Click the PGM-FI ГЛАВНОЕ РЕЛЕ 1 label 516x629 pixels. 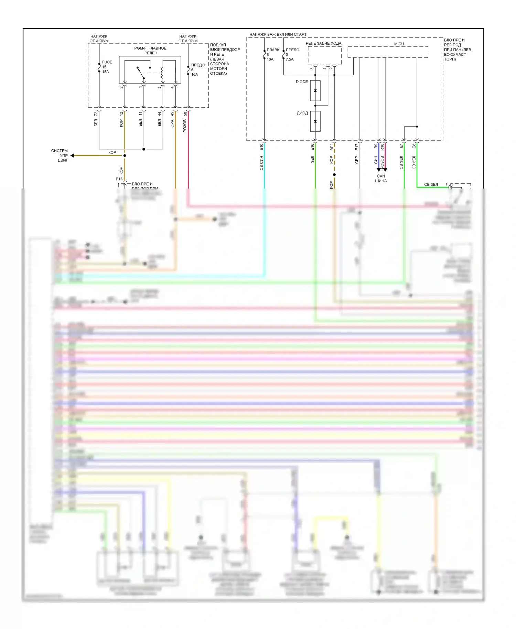click(x=150, y=51)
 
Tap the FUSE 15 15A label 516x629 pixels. click(x=107, y=67)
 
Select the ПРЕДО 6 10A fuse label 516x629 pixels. click(x=197, y=70)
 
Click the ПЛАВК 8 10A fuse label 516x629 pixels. click(x=272, y=55)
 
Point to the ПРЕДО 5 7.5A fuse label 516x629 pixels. click(x=292, y=55)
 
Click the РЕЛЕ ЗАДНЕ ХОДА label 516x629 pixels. click(x=323, y=43)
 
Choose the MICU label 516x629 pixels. click(x=399, y=44)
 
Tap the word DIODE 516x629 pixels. click(x=302, y=82)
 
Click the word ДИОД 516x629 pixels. click(x=302, y=113)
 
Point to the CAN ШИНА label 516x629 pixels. click(x=381, y=178)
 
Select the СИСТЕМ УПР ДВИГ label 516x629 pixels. click(x=61, y=156)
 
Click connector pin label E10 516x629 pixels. click(x=261, y=147)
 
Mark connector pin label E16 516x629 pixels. click(x=312, y=147)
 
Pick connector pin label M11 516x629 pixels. click(x=332, y=147)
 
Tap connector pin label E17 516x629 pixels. click(x=357, y=147)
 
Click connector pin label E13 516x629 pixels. click(x=119, y=179)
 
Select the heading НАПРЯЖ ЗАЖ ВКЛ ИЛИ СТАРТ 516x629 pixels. click(x=278, y=34)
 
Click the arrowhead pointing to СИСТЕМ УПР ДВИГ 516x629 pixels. click(x=73, y=156)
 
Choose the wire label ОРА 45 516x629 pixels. click(x=172, y=120)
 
